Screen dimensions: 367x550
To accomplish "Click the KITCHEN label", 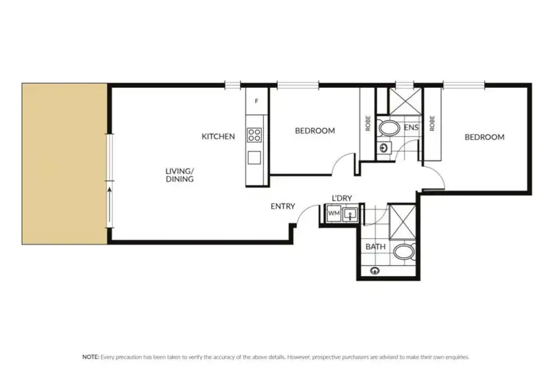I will tap(219, 136).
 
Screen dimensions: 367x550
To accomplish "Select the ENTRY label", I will tap(282, 207).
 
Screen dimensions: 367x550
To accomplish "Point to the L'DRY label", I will tap(342, 199).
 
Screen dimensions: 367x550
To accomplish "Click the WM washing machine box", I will tap(334, 213).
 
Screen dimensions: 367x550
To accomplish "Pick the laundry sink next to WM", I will tap(352, 214).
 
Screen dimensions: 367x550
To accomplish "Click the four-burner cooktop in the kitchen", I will tap(254, 135).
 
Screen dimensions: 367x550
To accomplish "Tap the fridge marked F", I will tap(256, 101).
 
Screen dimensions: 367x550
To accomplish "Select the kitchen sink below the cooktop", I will tap(254, 157).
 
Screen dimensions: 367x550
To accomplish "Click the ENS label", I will tap(411, 127).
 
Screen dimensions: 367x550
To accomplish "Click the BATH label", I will tap(375, 247).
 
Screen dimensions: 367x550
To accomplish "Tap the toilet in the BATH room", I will tap(403, 253).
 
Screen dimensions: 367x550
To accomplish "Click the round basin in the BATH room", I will tap(375, 270).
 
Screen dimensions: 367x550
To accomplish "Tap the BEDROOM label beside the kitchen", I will tap(315, 131).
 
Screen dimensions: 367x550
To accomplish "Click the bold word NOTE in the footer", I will tap(90, 356).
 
